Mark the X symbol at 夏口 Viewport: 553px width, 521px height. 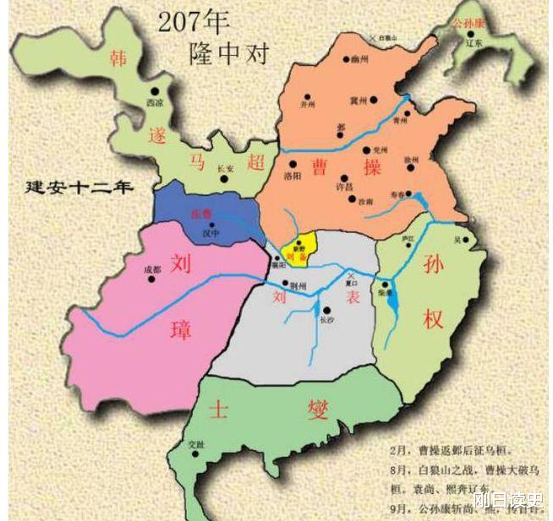pos(350,276)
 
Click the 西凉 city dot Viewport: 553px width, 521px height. pos(155,91)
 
